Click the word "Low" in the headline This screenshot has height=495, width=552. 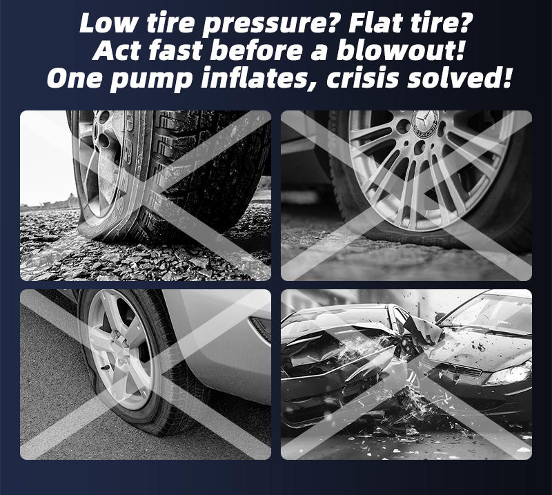pyautogui.click(x=108, y=23)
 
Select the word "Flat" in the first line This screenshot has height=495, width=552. pyautogui.click(x=375, y=23)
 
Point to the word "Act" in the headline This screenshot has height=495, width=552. pyautogui.click(x=117, y=50)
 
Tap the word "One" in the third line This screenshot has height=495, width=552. pyautogui.click(x=75, y=78)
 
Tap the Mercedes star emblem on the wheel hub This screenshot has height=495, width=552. pyautogui.click(x=425, y=122)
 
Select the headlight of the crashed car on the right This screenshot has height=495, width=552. pyautogui.click(x=510, y=373)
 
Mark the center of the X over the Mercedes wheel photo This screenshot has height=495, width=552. pyautogui.click(x=406, y=195)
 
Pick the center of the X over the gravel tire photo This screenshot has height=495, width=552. pyautogui.click(x=146, y=195)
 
